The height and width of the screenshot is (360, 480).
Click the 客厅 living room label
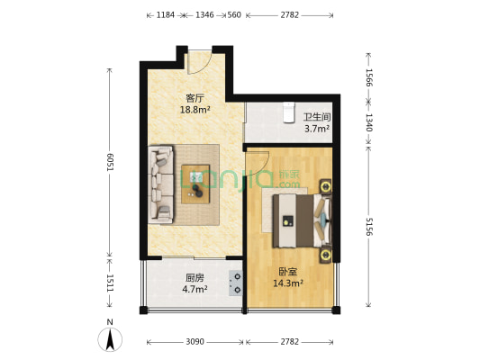[195, 98]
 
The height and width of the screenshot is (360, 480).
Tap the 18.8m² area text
[195, 110]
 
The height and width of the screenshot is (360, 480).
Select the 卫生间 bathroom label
[317, 117]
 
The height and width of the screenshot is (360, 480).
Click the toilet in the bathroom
[289, 112]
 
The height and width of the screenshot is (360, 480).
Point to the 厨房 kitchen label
[195, 278]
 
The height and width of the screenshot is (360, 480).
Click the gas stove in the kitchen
[236, 283]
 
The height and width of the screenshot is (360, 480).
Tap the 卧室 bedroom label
[288, 272]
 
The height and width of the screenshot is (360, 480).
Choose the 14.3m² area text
[288, 283]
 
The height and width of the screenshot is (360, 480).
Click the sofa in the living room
[161, 184]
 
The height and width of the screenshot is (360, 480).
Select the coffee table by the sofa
[195, 184]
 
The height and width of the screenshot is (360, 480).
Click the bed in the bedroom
[302, 220]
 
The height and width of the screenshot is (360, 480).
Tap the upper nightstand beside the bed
[325, 186]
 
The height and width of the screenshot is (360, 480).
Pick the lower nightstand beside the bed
[325, 255]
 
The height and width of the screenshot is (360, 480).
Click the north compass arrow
[110, 339]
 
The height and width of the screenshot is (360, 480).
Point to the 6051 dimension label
[110, 162]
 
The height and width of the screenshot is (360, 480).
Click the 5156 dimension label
[369, 226]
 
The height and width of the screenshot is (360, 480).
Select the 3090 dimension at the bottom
[195, 342]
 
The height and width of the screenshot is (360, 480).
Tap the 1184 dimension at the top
[166, 15]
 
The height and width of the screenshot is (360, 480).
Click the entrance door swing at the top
[199, 62]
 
